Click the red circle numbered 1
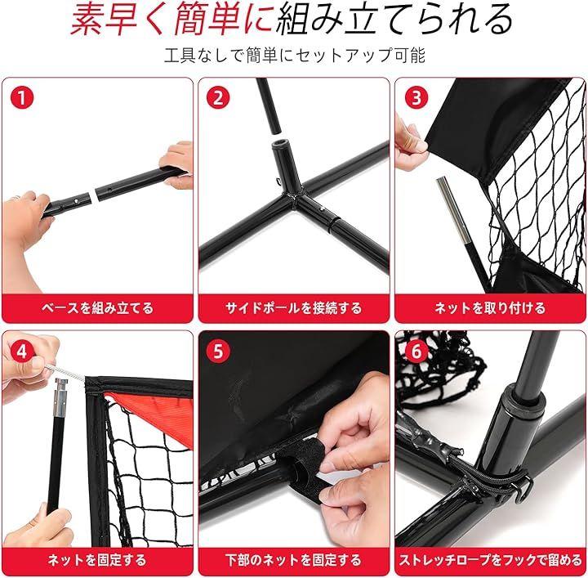(x=22, y=97)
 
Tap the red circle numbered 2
(x=218, y=97)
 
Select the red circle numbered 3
(x=416, y=97)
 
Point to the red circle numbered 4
(x=21, y=352)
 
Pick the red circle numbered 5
(x=218, y=352)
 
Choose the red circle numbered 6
(x=416, y=352)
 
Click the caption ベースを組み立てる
(x=97, y=308)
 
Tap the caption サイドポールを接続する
(x=294, y=308)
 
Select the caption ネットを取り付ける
(x=490, y=308)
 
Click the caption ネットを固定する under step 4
(x=97, y=560)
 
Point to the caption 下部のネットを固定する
(x=294, y=560)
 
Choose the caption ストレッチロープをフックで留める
(x=491, y=560)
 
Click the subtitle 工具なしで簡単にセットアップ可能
(x=295, y=56)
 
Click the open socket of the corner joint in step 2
(x=281, y=144)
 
